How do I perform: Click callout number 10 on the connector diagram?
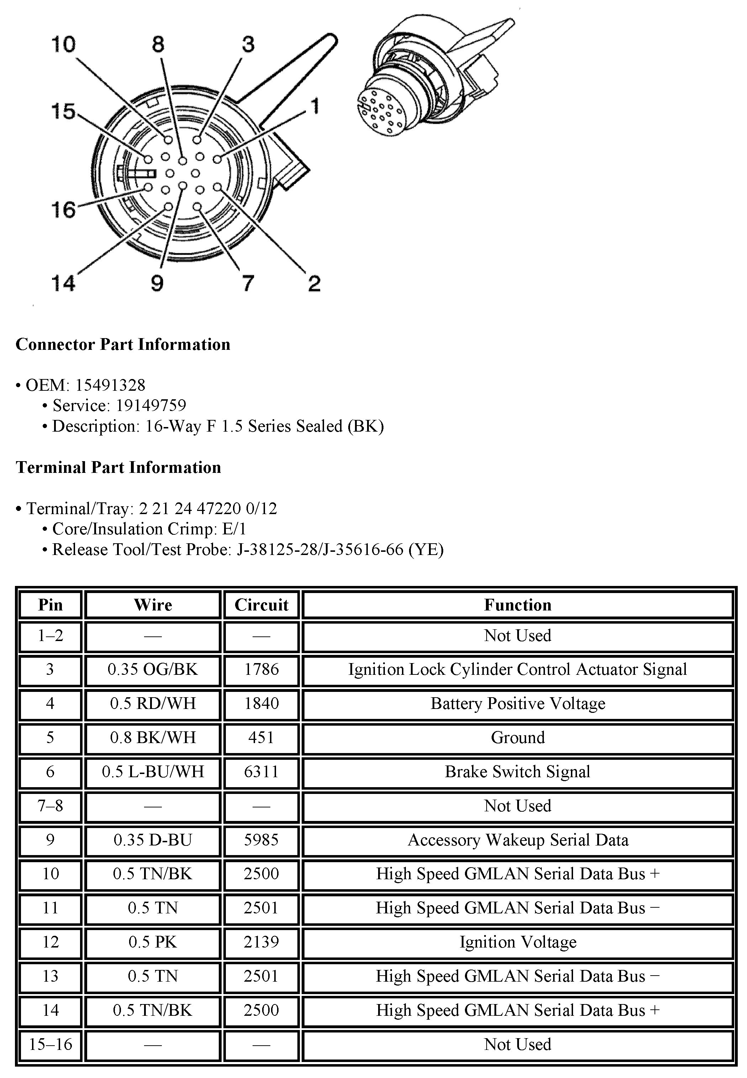(63, 45)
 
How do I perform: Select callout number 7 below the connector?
(248, 283)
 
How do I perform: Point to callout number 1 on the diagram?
(316, 106)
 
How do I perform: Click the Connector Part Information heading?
(123, 345)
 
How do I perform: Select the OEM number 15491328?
(110, 385)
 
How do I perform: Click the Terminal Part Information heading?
(118, 468)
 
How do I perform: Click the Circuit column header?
(261, 605)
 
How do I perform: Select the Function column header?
(518, 605)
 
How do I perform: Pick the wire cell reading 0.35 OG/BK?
(153, 669)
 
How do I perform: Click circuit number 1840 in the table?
(261, 703)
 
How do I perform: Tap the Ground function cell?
(518, 737)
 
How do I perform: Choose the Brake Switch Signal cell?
(518, 772)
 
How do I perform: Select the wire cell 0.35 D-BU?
(153, 840)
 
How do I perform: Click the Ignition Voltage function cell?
(518, 942)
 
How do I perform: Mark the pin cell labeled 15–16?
(51, 1044)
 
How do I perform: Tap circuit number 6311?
(261, 772)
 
